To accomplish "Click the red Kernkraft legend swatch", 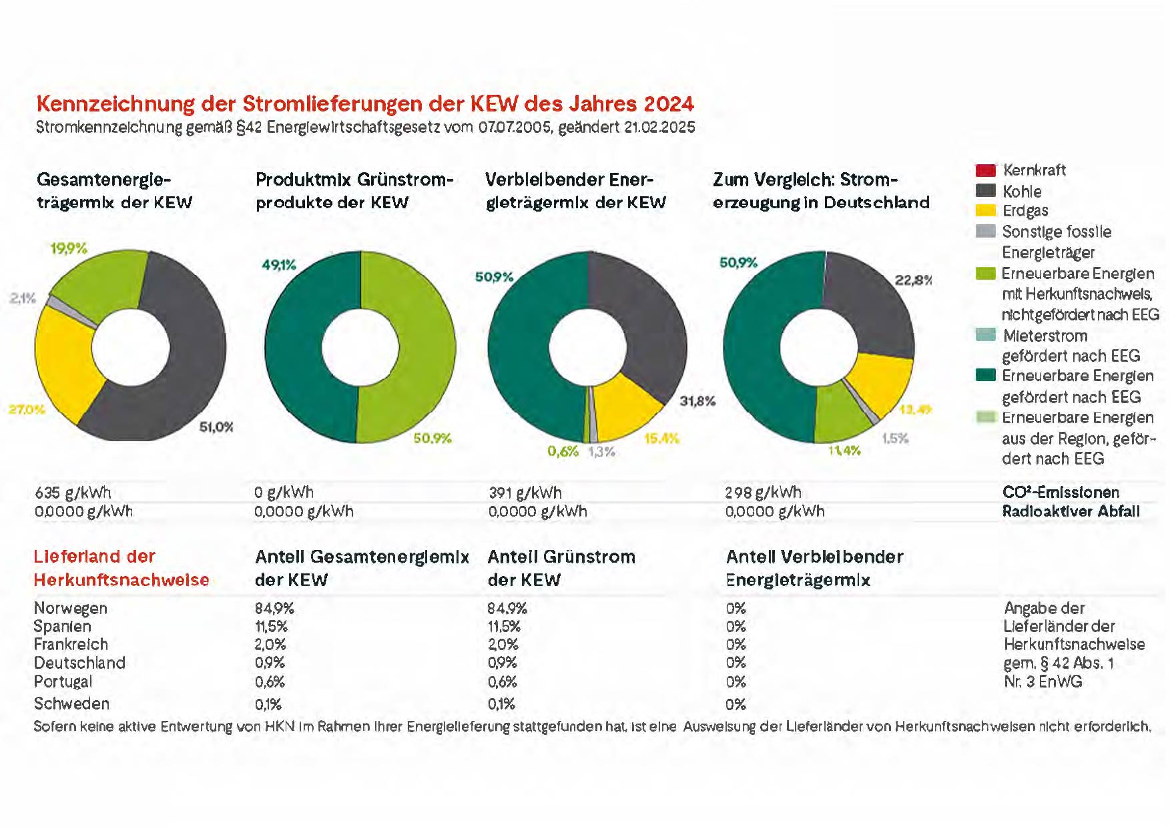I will [x=985, y=170].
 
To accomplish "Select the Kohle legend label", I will [x=1022, y=192].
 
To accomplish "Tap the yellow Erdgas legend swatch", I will [x=985, y=211].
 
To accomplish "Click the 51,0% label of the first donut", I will [x=216, y=427].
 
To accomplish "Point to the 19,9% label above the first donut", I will [x=69, y=249].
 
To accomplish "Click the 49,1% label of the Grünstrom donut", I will [x=278, y=265].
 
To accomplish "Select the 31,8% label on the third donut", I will [x=697, y=401].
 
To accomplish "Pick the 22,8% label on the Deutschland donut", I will [x=913, y=280].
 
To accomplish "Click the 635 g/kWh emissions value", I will [x=73, y=493].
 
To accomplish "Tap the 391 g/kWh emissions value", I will [x=525, y=493].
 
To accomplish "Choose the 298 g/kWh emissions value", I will [x=763, y=493].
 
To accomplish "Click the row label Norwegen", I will [x=70, y=609].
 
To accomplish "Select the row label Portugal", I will [x=63, y=682].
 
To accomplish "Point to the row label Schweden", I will [x=71, y=704].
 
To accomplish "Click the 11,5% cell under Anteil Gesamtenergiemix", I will [x=271, y=627].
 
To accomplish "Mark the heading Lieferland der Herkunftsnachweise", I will [x=121, y=568].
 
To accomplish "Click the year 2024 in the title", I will [x=669, y=104].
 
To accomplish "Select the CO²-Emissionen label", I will [x=1061, y=493].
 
